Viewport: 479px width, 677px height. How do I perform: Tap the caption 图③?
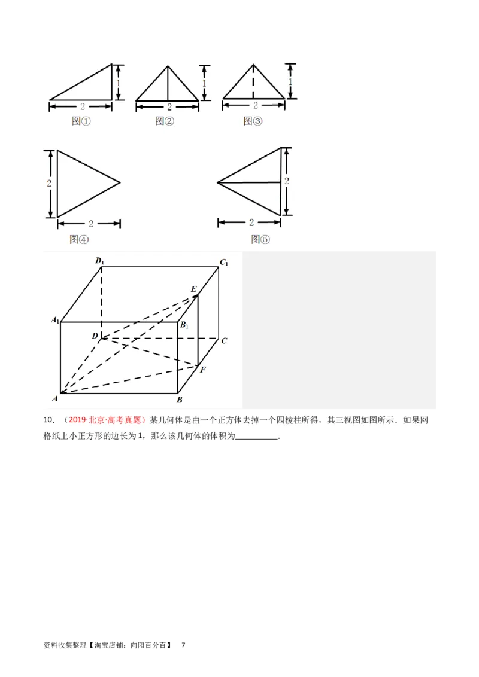253,121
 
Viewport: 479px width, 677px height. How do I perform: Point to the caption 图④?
79,239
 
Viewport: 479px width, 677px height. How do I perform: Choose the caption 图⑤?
260,239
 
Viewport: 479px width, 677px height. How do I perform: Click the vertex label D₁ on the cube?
100,261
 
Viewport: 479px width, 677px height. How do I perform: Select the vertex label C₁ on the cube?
225,262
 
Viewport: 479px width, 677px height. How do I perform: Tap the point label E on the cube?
193,289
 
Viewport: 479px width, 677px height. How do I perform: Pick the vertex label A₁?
55,321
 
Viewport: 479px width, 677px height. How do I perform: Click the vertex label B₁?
185,325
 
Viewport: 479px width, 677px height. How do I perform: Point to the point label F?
203,369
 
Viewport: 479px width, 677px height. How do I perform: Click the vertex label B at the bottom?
180,400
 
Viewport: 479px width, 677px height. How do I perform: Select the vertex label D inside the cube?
95,336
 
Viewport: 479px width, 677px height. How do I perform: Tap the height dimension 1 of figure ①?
119,82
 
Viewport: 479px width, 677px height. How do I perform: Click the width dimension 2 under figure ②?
169,107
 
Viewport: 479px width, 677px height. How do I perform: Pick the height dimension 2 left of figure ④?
49,183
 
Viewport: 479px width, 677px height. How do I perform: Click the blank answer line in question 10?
257,437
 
